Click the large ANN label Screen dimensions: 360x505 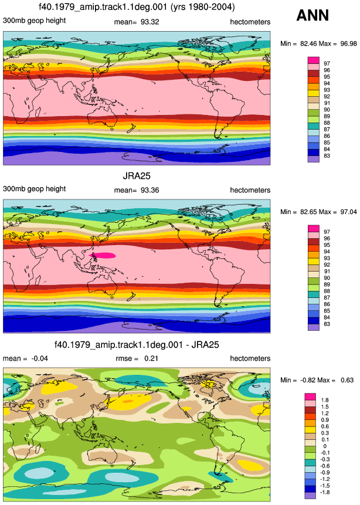click(x=313, y=15)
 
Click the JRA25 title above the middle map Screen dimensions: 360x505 click(x=137, y=176)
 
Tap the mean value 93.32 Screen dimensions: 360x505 click(x=150, y=22)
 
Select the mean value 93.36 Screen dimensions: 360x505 click(x=150, y=190)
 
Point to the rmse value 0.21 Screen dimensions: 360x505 click(x=151, y=358)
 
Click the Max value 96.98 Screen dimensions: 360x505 click(x=349, y=43)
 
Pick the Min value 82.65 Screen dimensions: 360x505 click(x=309, y=212)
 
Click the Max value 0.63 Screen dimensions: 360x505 click(x=347, y=380)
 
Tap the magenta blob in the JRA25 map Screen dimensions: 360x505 click(x=103, y=256)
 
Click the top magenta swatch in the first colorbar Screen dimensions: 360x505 click(x=313, y=60)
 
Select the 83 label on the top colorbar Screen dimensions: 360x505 click(x=327, y=156)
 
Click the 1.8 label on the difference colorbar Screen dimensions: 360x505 click(x=325, y=401)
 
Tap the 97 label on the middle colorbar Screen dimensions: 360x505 click(x=327, y=232)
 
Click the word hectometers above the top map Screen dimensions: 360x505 click(x=250, y=22)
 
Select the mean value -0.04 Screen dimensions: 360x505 click(x=39, y=358)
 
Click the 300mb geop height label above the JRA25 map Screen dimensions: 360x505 click(x=35, y=189)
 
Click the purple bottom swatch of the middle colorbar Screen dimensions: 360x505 click(x=313, y=327)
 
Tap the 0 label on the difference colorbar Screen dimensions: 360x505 click(x=325, y=446)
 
